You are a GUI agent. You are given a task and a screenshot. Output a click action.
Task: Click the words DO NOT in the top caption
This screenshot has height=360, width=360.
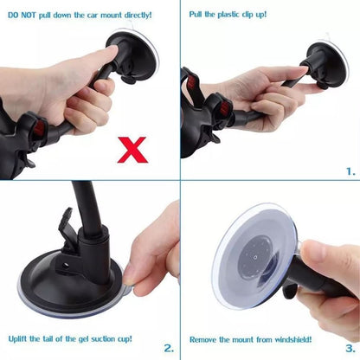23,15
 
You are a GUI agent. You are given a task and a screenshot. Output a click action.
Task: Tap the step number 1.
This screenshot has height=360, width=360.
350,171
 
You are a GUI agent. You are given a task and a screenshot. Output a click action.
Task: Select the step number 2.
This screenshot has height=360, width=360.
169,349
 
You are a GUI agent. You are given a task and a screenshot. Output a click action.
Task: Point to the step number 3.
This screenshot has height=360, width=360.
350,349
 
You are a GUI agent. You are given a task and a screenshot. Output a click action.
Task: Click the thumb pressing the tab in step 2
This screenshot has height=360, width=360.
138,275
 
